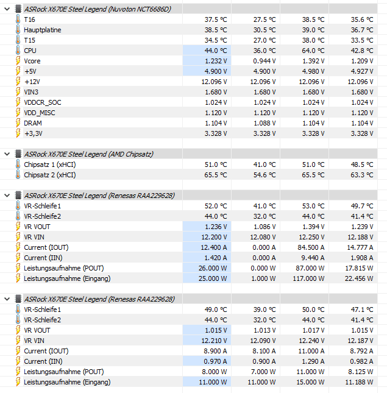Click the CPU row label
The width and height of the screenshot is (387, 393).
pyautogui.click(x=30, y=51)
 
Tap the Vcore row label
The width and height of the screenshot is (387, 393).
pyautogui.click(x=32, y=61)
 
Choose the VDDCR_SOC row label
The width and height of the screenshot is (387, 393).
pyautogui.click(x=43, y=102)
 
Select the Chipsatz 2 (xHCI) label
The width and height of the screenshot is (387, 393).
pyautogui.click(x=50, y=175)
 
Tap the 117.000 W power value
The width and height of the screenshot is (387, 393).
pyautogui.click(x=310, y=278)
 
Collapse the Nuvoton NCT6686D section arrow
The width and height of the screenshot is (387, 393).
pyautogui.click(x=7, y=9)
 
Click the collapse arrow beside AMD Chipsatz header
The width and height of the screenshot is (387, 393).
pyautogui.click(x=7, y=154)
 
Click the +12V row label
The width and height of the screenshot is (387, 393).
pyautogui.click(x=32, y=82)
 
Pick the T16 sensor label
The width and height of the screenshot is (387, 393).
pyautogui.click(x=30, y=19)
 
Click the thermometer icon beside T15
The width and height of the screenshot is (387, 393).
pyautogui.click(x=17, y=40)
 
